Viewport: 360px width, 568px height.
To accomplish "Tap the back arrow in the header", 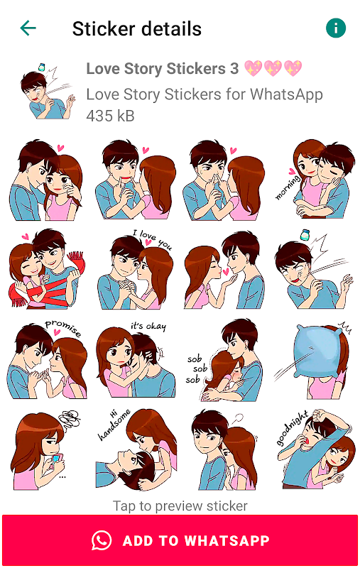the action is point(28,28).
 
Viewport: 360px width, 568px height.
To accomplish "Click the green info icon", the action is point(336,28).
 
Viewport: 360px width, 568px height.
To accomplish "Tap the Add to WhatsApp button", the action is point(180,540).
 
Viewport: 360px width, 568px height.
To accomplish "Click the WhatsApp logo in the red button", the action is point(102,540).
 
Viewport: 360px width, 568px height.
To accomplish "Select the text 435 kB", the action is point(110,116).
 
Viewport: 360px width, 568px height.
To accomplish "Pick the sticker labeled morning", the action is point(315,180).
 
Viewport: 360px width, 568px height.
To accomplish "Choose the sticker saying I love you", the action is point(136,270).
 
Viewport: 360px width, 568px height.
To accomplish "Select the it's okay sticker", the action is point(136,361).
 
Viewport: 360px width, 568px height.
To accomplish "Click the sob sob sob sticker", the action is point(224,360).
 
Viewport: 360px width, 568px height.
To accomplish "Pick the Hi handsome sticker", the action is point(136,450).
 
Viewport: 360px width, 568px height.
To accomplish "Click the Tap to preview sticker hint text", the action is point(180,506).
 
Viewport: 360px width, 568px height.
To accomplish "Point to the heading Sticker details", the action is point(137,28).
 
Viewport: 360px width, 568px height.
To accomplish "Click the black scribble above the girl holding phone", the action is point(71,420).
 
